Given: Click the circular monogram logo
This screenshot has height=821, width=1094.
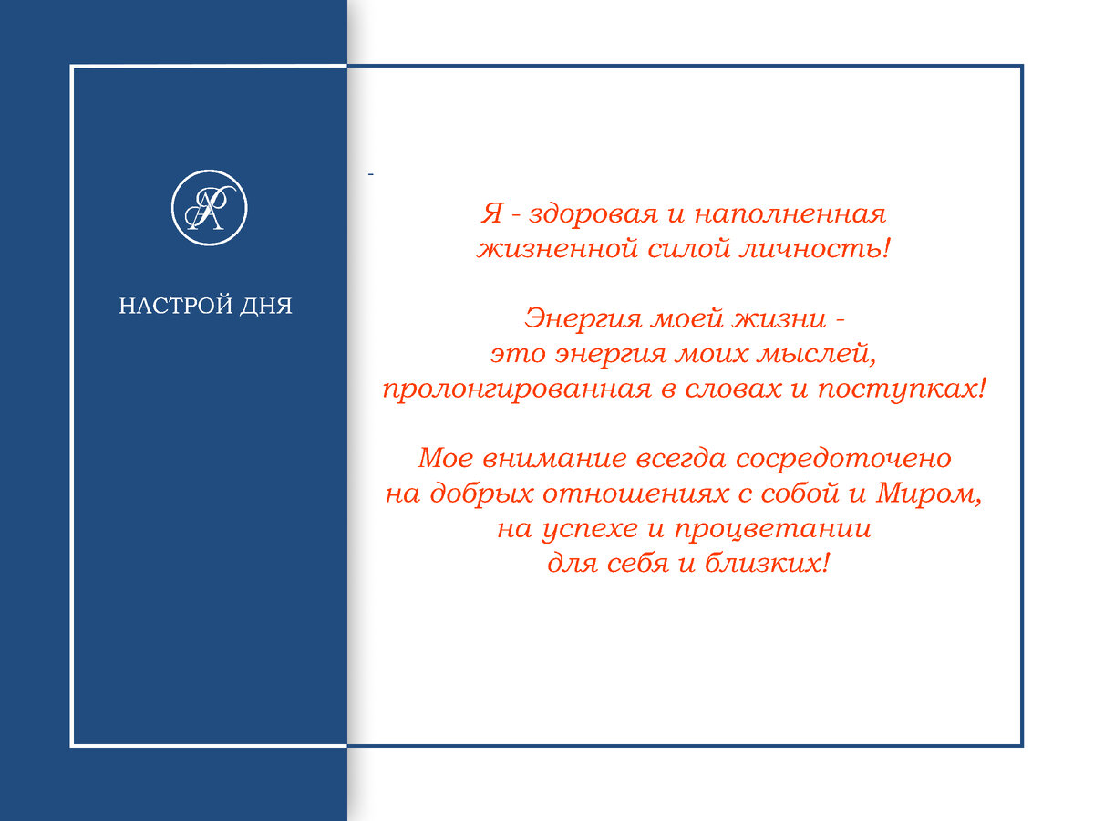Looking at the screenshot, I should (210, 208).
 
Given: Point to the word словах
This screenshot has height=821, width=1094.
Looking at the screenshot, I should (740, 390).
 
